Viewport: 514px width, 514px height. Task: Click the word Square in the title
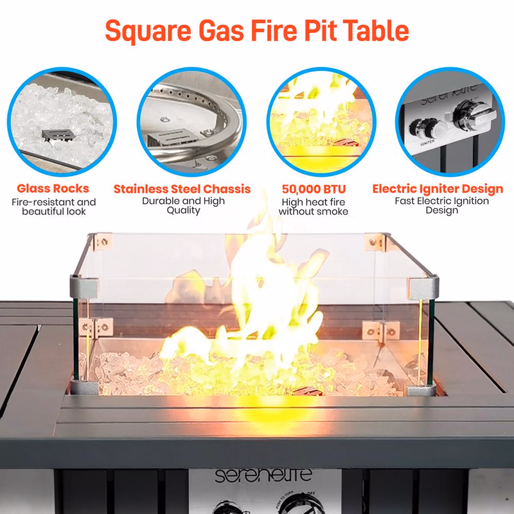148,31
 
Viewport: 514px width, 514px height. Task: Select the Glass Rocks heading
53,188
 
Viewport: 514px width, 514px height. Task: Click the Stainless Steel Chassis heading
182,189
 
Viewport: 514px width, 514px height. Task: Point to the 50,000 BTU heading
314,189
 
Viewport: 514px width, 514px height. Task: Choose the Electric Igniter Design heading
438,189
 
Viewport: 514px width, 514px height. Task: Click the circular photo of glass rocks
62,122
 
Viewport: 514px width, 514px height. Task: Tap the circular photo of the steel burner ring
191,122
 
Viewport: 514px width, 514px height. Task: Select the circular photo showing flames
321,122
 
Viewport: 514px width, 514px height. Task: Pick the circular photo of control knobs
450,122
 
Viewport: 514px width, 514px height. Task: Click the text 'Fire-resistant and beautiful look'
54,206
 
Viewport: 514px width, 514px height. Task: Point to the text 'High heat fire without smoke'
314,206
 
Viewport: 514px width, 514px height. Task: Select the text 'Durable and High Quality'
183,206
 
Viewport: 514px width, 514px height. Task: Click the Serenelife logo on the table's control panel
263,475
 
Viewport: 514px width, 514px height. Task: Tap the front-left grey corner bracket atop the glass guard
84,287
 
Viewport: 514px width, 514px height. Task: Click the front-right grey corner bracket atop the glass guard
423,287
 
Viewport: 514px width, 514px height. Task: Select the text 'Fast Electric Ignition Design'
441,205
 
